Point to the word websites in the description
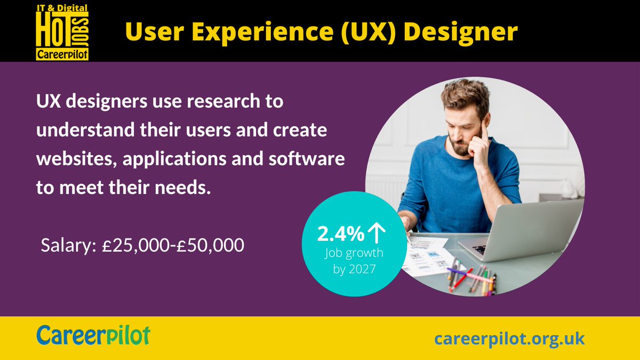[71, 159]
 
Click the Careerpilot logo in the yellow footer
[93, 336]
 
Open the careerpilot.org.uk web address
[509, 338]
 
